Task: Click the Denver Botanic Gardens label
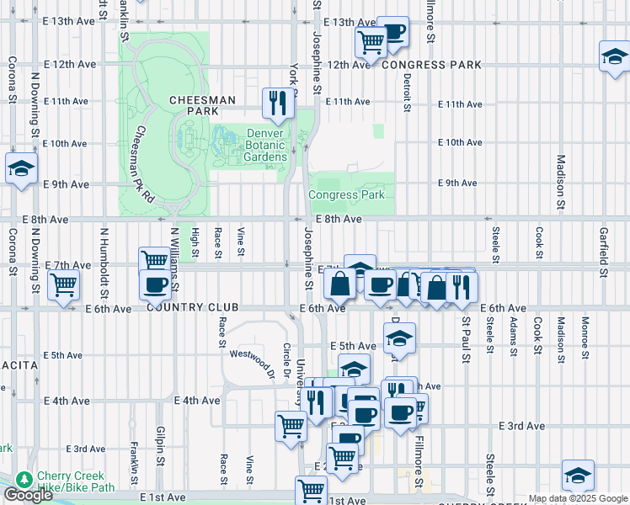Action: [x=267, y=145]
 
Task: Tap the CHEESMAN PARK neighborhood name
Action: [x=202, y=105]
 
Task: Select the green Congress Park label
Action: [x=346, y=194]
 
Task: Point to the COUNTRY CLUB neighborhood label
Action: [x=193, y=308]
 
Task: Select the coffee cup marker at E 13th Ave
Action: [x=392, y=32]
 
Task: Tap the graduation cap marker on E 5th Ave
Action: [x=399, y=338]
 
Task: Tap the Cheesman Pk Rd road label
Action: [x=142, y=164]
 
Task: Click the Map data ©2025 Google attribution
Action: [x=577, y=498]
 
